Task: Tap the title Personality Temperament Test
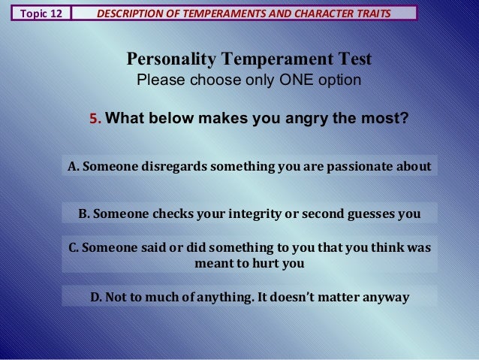(x=249, y=59)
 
